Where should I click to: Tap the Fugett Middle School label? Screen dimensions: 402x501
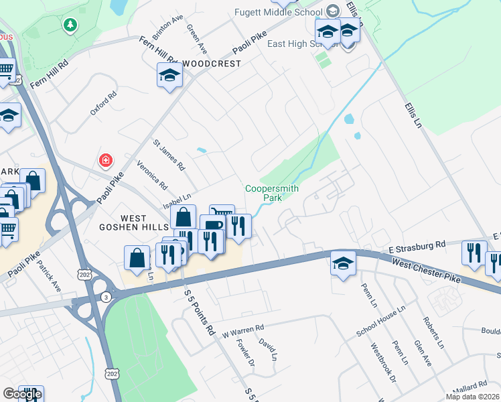click(279, 12)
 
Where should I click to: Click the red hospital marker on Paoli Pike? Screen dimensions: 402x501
click(106, 161)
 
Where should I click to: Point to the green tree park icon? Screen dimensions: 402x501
click(69, 25)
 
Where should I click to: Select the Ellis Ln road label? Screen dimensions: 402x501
click(415, 117)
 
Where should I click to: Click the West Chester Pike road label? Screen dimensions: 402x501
click(427, 271)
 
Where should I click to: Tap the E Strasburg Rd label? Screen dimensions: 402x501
click(417, 247)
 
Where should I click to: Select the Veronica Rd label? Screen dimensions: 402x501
click(151, 174)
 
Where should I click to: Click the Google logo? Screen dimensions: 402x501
click(22, 394)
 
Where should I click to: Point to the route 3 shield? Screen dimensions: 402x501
click(105, 297)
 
